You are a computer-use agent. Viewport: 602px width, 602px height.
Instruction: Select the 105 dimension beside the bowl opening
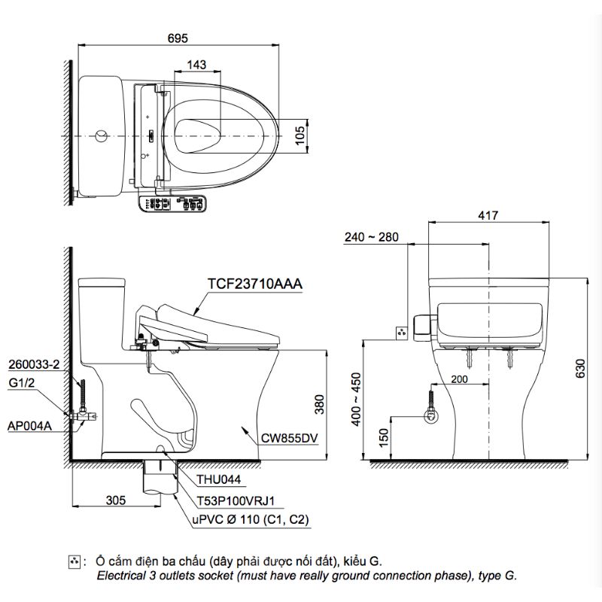[299, 135]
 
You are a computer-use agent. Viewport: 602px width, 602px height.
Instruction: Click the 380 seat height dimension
[319, 406]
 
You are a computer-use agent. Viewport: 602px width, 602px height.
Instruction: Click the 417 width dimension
[488, 216]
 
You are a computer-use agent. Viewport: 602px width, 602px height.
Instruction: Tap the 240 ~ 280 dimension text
[369, 238]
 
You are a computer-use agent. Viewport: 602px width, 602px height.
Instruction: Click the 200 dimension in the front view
[461, 380]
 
